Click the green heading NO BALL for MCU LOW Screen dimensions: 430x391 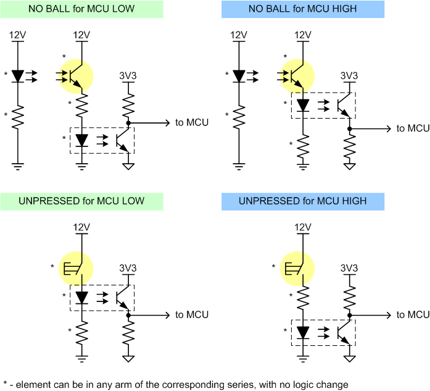81,9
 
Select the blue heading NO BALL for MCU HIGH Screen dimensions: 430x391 303,9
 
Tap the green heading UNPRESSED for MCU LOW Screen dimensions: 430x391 81,201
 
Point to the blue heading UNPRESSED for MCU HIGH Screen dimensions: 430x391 303,201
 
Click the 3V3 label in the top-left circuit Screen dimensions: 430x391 128,76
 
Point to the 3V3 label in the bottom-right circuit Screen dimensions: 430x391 349,268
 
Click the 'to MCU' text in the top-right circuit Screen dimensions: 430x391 413,128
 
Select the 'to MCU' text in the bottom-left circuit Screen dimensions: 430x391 192,314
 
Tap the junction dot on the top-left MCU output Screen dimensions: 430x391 128,123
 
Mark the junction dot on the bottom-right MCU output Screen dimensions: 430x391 349,315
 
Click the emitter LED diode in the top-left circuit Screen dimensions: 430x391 18,77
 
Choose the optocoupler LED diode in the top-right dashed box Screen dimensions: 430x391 303,106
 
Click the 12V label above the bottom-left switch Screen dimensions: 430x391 81,227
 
